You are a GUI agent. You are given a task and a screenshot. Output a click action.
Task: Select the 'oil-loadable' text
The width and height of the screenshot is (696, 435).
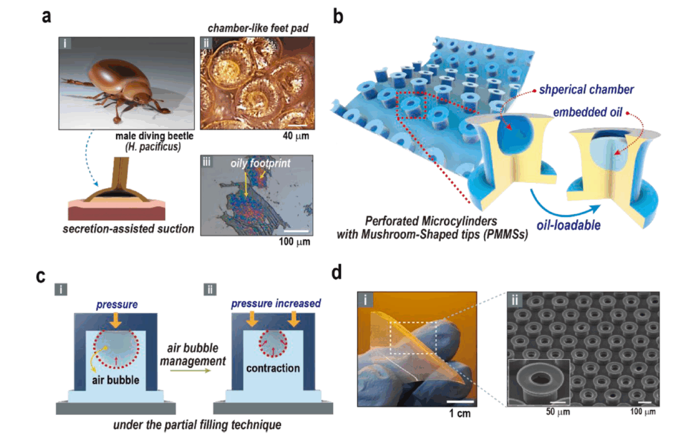click(565, 226)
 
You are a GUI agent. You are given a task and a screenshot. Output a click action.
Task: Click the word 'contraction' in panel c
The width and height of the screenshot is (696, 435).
click(273, 367)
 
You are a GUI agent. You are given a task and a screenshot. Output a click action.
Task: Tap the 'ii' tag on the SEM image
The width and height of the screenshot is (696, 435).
click(510, 301)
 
